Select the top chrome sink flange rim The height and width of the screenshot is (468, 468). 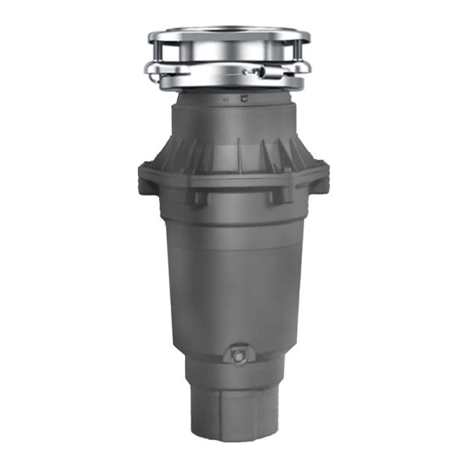pos(229,36)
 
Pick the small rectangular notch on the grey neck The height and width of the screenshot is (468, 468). pos(243,99)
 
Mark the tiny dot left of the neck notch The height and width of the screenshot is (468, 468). pos(225,101)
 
